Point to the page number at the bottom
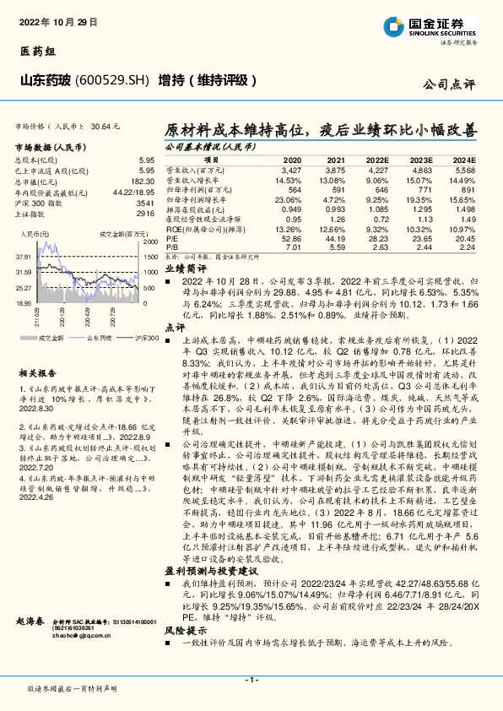pos(251,680)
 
